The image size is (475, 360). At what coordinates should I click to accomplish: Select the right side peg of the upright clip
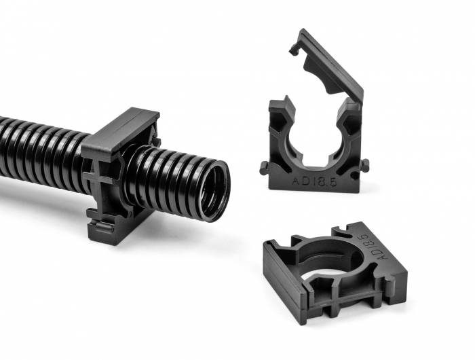coord(365,164)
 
